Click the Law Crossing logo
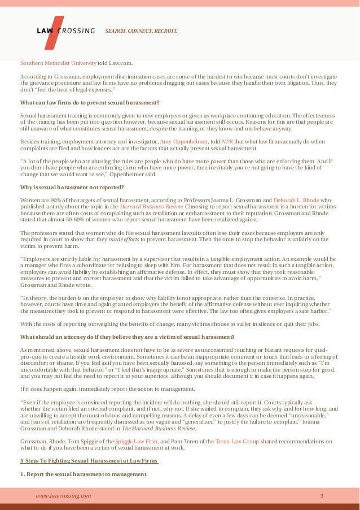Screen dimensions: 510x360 coord(62,30)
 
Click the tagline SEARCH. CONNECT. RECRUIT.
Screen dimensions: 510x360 coord(141,30)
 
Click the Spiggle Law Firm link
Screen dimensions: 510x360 coord(134,441)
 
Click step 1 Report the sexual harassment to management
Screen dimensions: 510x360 coord(84,474)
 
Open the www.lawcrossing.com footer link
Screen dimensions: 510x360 coord(63,495)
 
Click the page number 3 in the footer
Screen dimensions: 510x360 coord(322,495)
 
